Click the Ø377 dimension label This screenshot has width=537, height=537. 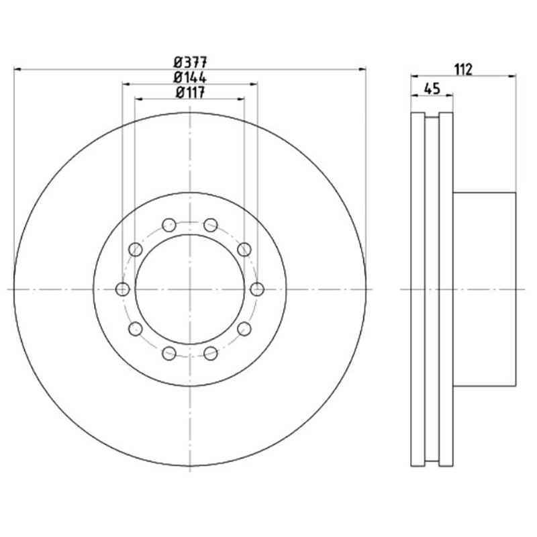(190, 62)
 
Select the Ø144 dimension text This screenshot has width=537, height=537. (190, 78)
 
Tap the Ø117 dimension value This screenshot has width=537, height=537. (190, 93)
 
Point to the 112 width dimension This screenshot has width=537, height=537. (463, 70)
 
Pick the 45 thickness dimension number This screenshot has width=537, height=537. (432, 89)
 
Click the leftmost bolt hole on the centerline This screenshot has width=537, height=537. (123, 289)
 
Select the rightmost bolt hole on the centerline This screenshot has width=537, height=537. (257, 289)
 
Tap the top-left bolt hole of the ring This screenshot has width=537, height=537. (169, 226)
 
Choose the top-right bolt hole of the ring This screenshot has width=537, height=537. (211, 226)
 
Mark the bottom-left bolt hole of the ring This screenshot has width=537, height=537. (169, 353)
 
